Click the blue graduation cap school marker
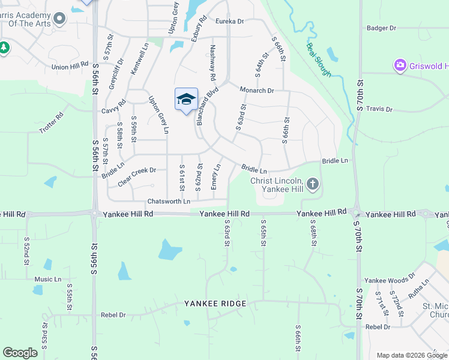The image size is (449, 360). point(186,99)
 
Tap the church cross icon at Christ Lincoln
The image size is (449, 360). point(312,185)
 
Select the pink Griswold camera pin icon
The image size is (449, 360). point(400,65)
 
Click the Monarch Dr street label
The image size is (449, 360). point(257,91)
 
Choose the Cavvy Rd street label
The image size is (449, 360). point(113,103)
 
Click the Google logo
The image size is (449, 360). point(20,353)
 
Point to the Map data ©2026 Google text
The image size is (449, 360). point(411,355)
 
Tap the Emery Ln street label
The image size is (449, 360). point(214,178)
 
